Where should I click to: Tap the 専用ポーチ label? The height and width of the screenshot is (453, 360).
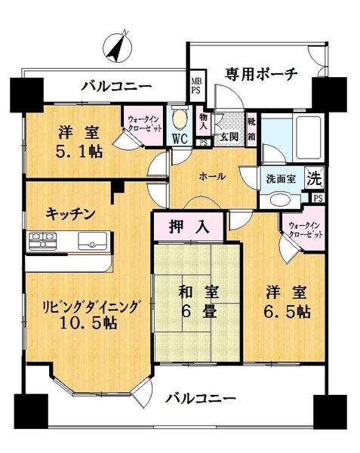(261, 74)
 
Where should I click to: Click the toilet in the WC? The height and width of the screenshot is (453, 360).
(180, 119)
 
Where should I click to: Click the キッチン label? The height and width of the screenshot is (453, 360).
(69, 214)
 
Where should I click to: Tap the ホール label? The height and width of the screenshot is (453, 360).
(212, 175)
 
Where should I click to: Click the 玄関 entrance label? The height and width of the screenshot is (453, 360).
(229, 138)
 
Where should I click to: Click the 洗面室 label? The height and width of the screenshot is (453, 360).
(281, 180)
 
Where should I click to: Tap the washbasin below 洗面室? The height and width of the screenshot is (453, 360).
(283, 201)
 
